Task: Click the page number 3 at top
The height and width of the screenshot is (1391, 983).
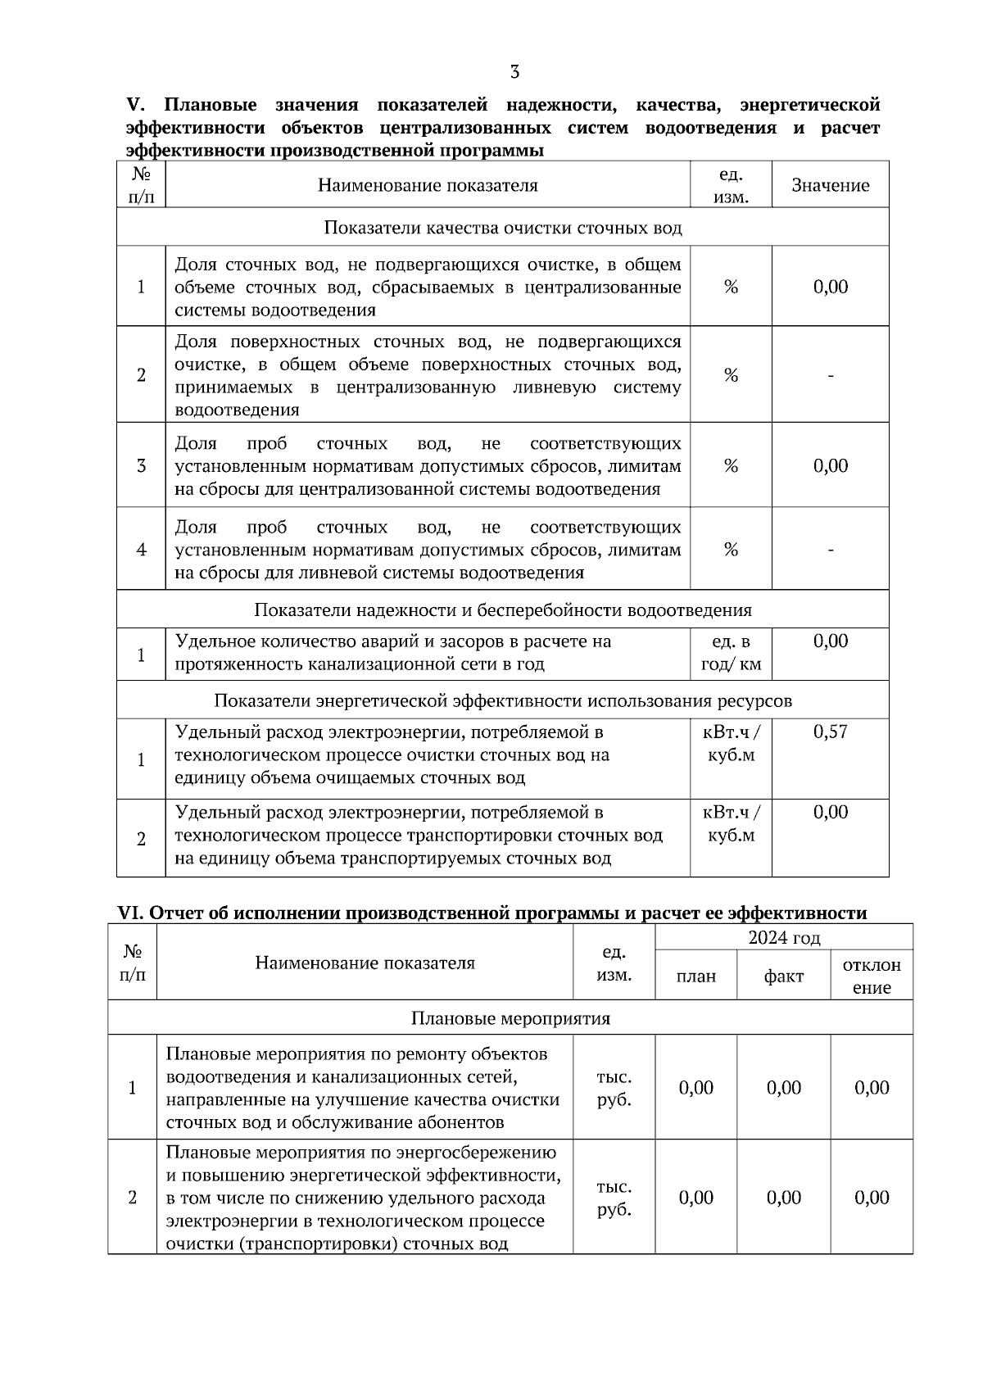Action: point(514,72)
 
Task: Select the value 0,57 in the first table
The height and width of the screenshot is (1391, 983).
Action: point(830,732)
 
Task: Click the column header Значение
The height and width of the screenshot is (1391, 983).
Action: point(830,185)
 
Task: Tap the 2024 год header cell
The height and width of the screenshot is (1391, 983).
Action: point(784,937)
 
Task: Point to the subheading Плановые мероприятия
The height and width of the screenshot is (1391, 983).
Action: point(510,1018)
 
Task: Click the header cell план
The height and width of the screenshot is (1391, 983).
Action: point(695,976)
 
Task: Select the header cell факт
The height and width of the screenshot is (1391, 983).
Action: point(783,976)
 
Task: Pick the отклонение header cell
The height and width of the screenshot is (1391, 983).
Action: point(872,976)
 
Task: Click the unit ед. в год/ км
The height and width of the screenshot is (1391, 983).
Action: point(731,653)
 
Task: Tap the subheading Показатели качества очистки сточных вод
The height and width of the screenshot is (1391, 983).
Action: point(503,228)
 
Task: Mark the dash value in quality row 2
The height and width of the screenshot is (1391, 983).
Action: point(831,375)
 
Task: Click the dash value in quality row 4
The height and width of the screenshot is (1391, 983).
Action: point(831,550)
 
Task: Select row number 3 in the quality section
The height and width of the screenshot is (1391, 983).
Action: point(141,466)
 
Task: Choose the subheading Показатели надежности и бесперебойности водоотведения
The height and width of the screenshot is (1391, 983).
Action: point(503,610)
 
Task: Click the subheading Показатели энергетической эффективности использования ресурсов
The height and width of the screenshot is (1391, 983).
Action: point(503,701)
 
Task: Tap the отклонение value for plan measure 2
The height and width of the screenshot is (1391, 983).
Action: point(872,1198)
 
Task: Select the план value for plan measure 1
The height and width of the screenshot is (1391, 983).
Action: point(695,1088)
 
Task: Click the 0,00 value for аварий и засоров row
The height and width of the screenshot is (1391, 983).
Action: point(830,641)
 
